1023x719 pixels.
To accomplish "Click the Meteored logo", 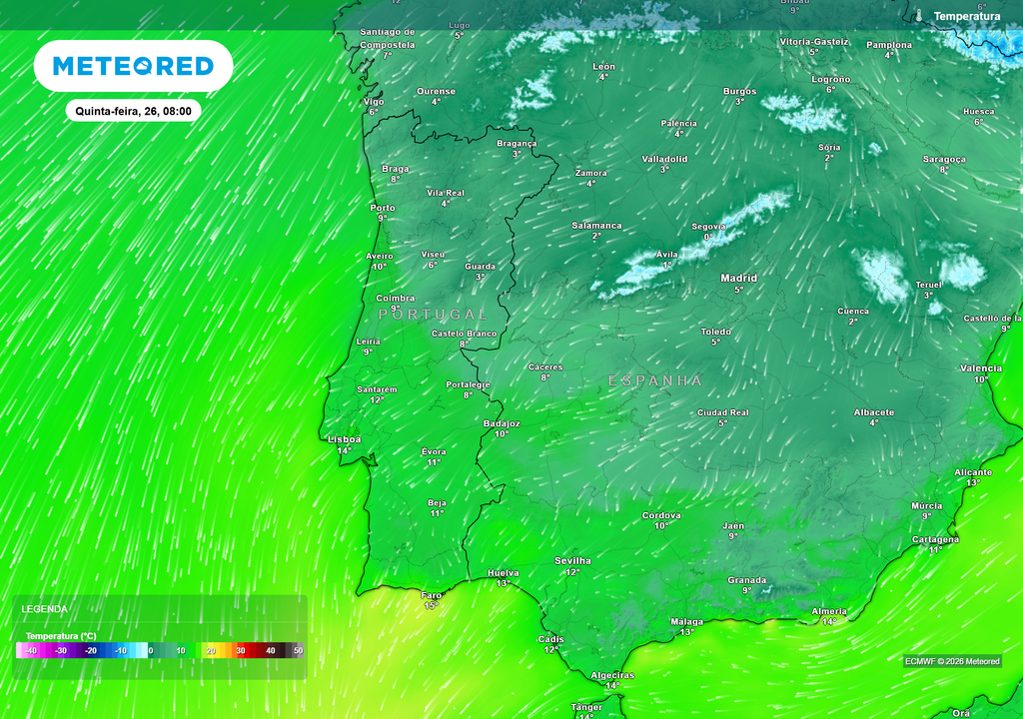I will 133,66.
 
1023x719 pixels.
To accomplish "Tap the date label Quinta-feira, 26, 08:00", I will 133,111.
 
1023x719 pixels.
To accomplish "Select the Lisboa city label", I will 344,438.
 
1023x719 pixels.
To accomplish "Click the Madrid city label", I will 739,278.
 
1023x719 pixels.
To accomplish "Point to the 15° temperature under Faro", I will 431,605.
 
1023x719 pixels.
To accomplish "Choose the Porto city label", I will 382,208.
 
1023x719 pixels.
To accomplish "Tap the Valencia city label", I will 980,368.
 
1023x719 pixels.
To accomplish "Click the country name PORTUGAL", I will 433,315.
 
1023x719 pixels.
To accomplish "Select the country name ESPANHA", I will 655,380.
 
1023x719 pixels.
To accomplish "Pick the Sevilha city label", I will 572,560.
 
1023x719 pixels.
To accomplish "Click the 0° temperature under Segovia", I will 708,237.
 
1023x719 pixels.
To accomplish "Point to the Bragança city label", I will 516,143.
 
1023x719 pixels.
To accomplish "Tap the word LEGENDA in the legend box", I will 45,609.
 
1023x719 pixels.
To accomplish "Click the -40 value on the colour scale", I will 31,650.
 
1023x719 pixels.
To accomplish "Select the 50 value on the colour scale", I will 297,650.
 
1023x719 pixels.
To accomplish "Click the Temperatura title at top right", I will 966,16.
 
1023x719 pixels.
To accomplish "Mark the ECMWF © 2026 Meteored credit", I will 952,661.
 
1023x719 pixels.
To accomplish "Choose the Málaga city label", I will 686,621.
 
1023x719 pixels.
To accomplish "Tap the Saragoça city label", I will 944,159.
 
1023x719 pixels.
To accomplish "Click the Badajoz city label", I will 501,422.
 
